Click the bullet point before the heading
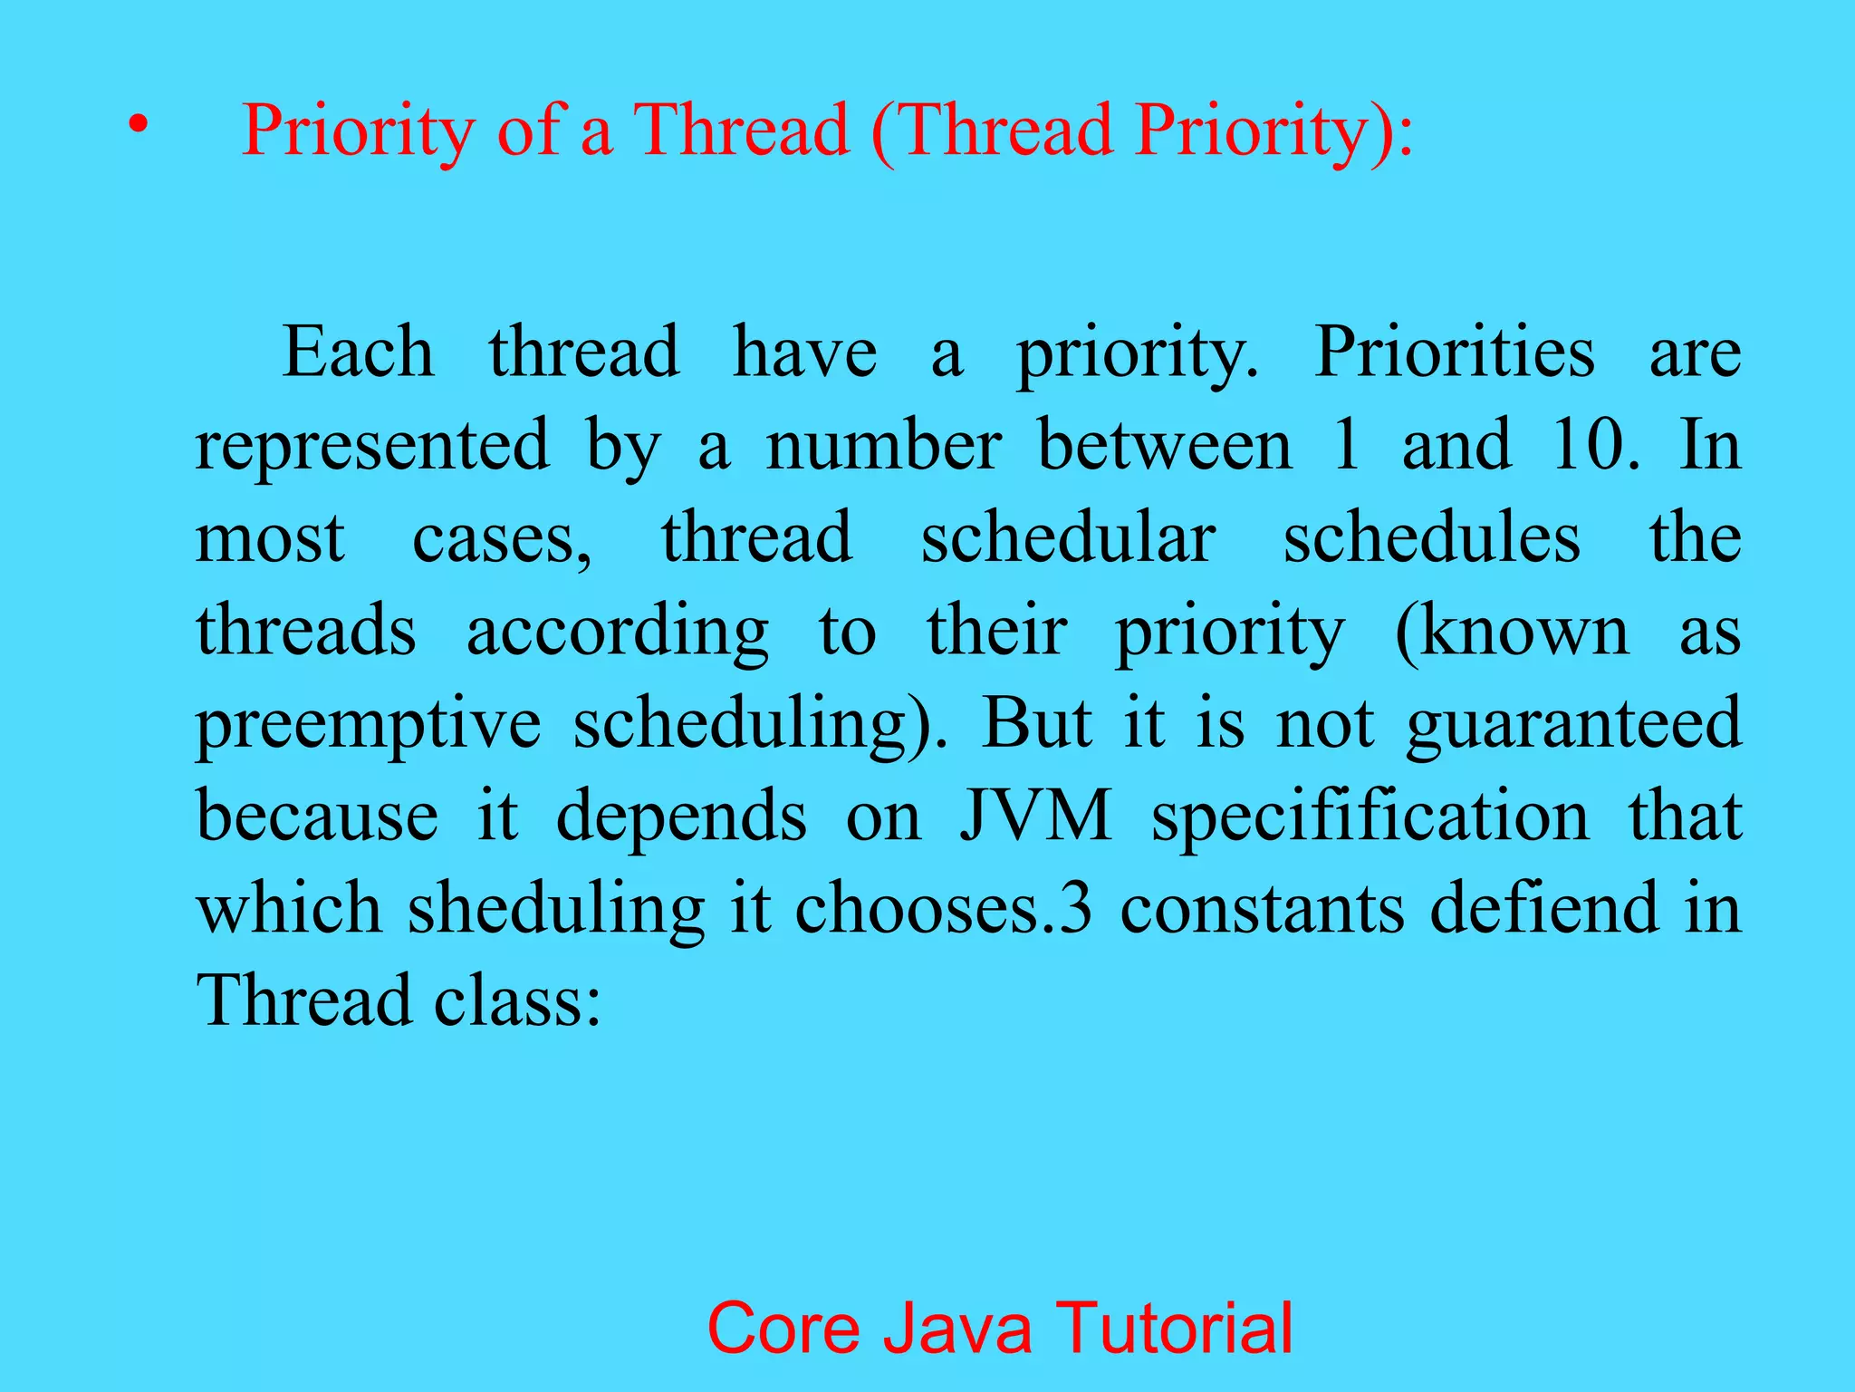pyautogui.click(x=137, y=126)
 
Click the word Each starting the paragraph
pyautogui.click(x=358, y=353)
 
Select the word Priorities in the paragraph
pyautogui.click(x=1454, y=353)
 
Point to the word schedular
pyautogui.click(x=1068, y=538)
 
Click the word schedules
pyautogui.click(x=1432, y=538)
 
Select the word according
pyautogui.click(x=618, y=632)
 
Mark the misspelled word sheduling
pyautogui.click(x=555, y=910)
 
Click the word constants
pyautogui.click(x=1263, y=909)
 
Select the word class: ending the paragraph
pyautogui.click(x=517, y=1001)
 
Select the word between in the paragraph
pyautogui.click(x=1165, y=445)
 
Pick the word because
pyautogui.click(x=317, y=817)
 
